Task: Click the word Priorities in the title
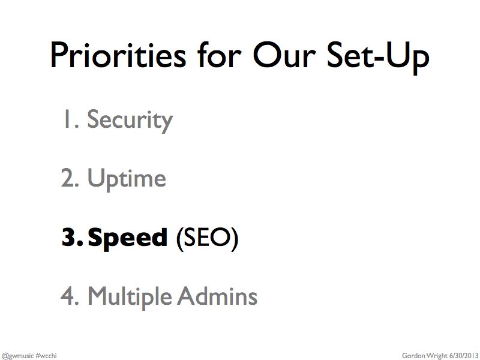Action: tap(118, 55)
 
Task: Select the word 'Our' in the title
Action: tap(284, 55)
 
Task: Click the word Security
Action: tap(130, 121)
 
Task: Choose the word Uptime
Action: tap(127, 179)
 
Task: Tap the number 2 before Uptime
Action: tap(70, 177)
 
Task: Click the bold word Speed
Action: tap(128, 238)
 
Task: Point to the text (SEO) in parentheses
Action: tap(207, 239)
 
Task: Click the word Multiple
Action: tap(130, 296)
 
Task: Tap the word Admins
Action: tap(217, 296)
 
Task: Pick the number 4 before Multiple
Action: tap(70, 296)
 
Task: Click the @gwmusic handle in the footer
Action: tap(17, 356)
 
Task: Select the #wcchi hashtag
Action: tap(46, 355)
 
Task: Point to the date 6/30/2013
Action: tap(464, 355)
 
